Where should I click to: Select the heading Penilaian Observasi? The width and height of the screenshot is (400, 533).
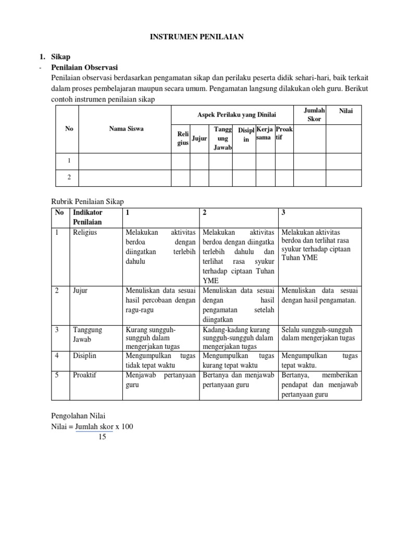click(x=84, y=68)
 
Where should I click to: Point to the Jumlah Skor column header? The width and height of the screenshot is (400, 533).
click(x=314, y=115)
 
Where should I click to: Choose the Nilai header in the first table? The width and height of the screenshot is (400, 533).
click(x=346, y=111)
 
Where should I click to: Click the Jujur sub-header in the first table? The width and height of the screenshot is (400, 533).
click(x=199, y=138)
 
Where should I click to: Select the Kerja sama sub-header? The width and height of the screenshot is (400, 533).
click(x=265, y=133)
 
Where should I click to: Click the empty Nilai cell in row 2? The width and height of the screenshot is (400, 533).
click(x=343, y=177)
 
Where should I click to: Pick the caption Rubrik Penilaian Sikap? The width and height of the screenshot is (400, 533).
click(x=87, y=201)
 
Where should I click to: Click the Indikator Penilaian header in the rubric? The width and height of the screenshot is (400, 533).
click(x=89, y=217)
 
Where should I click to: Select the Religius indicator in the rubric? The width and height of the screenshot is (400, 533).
click(x=85, y=232)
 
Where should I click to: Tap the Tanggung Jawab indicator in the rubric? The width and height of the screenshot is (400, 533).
click(x=88, y=334)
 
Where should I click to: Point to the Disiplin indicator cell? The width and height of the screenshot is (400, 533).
click(x=85, y=356)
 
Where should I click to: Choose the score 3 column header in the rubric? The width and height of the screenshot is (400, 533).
click(x=283, y=213)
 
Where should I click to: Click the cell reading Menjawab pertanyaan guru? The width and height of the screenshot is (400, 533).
click(x=160, y=379)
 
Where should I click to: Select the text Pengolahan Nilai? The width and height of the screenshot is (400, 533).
click(x=78, y=416)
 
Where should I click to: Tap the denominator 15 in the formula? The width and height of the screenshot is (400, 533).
click(x=102, y=437)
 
